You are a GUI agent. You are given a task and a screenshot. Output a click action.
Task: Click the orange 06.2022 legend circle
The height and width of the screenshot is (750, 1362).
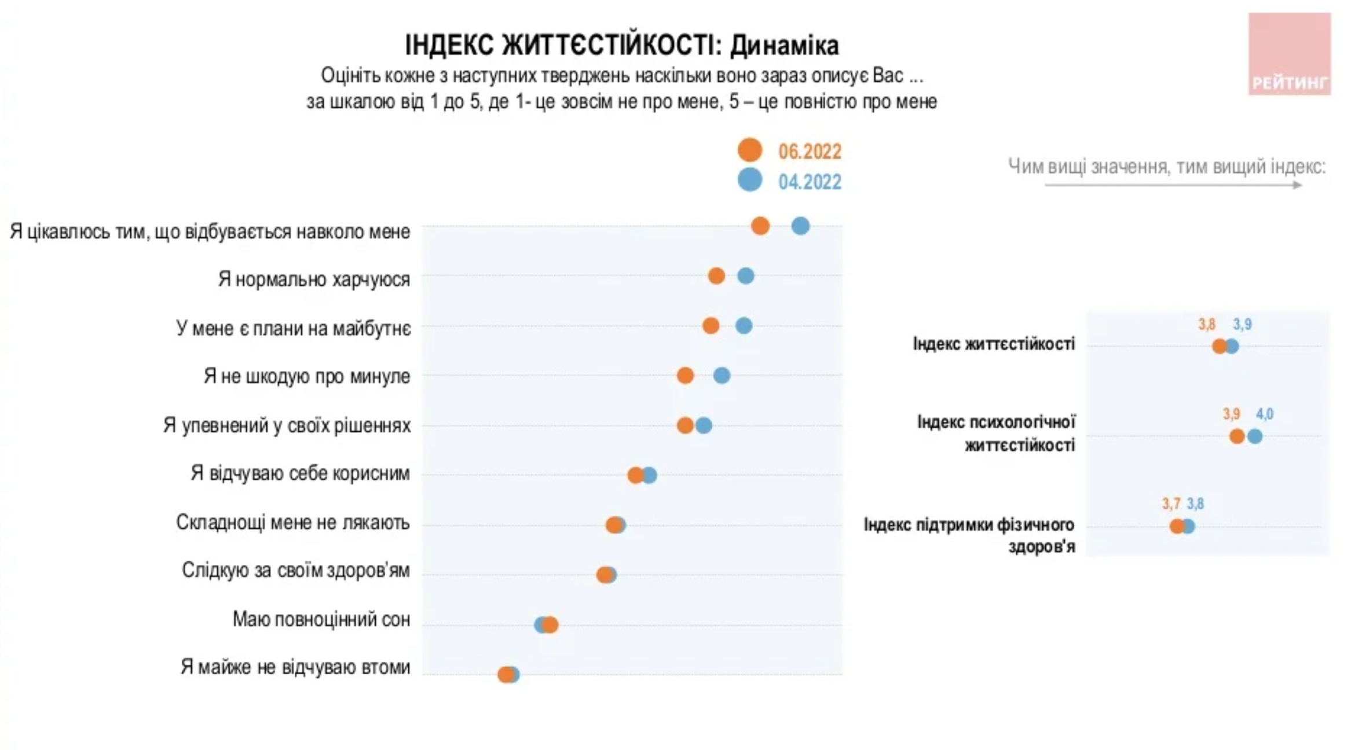coord(749,150)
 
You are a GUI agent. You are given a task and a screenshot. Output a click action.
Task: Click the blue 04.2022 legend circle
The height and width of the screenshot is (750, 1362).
coord(749,180)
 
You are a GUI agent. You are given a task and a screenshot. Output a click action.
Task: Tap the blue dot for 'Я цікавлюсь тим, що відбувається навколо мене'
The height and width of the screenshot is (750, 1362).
coord(800,226)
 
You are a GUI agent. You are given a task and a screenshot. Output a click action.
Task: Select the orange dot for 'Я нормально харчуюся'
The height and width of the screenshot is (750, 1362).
coord(716,275)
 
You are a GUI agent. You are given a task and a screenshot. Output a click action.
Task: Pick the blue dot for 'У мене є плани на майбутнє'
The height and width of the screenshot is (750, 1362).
coord(744,326)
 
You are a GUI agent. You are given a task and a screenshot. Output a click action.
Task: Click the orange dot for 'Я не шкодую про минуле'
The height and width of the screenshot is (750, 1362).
coord(685,376)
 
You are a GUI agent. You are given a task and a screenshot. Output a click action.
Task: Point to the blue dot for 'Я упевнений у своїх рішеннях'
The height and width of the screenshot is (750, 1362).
coord(704,426)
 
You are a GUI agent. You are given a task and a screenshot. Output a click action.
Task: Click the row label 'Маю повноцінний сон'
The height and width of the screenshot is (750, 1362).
coord(321,620)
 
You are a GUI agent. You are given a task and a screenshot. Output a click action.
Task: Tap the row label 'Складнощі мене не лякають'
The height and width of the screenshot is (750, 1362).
coord(292,523)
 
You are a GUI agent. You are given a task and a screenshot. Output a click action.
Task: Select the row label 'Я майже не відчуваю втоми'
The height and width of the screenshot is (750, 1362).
coord(295,667)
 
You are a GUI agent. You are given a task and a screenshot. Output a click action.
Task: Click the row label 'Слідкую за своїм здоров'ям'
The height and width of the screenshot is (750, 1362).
coord(295,571)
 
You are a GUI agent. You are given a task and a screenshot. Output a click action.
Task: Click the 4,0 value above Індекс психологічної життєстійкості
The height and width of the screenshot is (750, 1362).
coord(1265,414)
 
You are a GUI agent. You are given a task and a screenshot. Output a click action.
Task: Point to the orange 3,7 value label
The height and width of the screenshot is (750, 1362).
coord(1171,504)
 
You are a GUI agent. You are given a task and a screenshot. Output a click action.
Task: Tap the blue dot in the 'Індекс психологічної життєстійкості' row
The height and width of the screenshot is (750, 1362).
coord(1255,436)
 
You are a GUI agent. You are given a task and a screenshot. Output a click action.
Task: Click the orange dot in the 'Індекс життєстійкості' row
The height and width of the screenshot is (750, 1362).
coord(1219,346)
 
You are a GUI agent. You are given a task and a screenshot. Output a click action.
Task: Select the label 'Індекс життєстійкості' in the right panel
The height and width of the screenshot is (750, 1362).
coord(994,344)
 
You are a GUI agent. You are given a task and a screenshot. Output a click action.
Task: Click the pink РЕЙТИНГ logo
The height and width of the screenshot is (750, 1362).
coord(1289,54)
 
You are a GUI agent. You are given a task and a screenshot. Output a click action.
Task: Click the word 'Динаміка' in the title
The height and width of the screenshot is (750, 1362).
coord(784,45)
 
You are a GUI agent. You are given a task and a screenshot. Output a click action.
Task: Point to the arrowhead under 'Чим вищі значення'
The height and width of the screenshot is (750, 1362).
coord(1298,185)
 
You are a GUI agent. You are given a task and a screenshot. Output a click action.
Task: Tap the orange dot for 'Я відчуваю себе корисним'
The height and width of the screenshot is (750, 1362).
coord(635,475)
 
